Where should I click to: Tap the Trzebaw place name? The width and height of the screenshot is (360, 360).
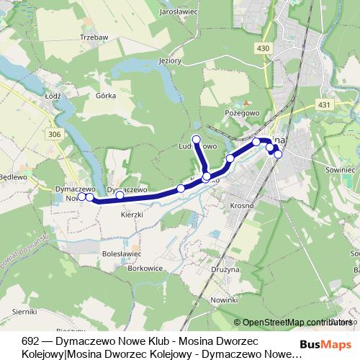pos(94,37)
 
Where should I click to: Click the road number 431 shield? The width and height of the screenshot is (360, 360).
pos(324,104)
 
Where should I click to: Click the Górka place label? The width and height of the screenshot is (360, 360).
pos(106,94)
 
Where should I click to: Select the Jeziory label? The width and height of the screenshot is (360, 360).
pos(170,60)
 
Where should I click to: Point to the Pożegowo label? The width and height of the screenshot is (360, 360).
pos(242,113)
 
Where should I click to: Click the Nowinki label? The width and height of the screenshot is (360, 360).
pos(224,299)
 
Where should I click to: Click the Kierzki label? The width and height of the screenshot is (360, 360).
pos(133,214)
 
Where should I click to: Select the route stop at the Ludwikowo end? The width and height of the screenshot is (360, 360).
pos(196,138)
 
